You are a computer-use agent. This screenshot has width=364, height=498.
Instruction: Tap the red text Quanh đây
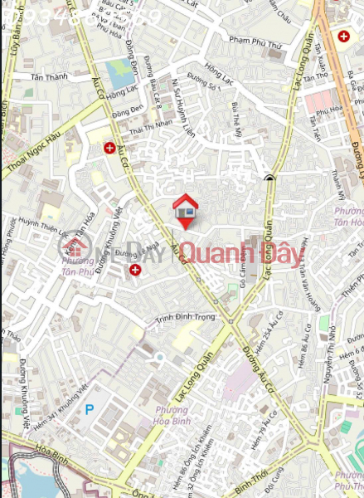[x=242, y=252]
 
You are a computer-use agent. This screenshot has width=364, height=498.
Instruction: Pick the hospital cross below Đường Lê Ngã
[x=134, y=270]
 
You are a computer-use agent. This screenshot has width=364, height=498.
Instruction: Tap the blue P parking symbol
[x=90, y=409]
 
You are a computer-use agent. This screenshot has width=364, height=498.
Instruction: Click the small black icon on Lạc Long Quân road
[x=269, y=177]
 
